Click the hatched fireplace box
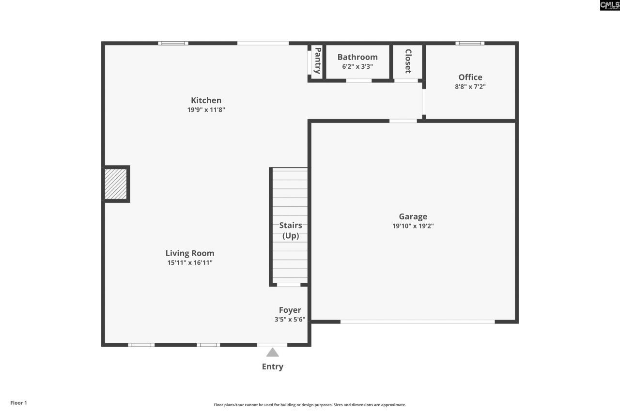pyautogui.click(x=116, y=184)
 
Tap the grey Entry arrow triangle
pyautogui.click(x=273, y=352)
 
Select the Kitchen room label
pyautogui.click(x=206, y=100)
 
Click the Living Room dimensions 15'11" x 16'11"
pyautogui.click(x=190, y=263)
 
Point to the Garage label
pyautogui.click(x=413, y=216)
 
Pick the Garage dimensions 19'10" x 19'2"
pyautogui.click(x=413, y=226)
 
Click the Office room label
pyautogui.click(x=470, y=77)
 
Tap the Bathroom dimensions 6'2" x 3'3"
pyautogui.click(x=357, y=67)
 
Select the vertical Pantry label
pyautogui.click(x=318, y=61)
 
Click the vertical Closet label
pyautogui.click(x=408, y=61)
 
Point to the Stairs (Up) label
pyautogui.click(x=291, y=230)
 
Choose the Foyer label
pyautogui.click(x=290, y=310)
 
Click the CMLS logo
pyautogui.click(x=609, y=5)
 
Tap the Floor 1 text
pyautogui.click(x=19, y=403)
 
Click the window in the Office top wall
pyautogui.click(x=469, y=43)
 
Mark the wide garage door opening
pyautogui.click(x=418, y=321)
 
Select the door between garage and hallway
pyautogui.click(x=403, y=121)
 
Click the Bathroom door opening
pyautogui.click(x=359, y=80)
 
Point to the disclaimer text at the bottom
pyautogui.click(x=310, y=405)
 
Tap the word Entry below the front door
pyautogui.click(x=273, y=367)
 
